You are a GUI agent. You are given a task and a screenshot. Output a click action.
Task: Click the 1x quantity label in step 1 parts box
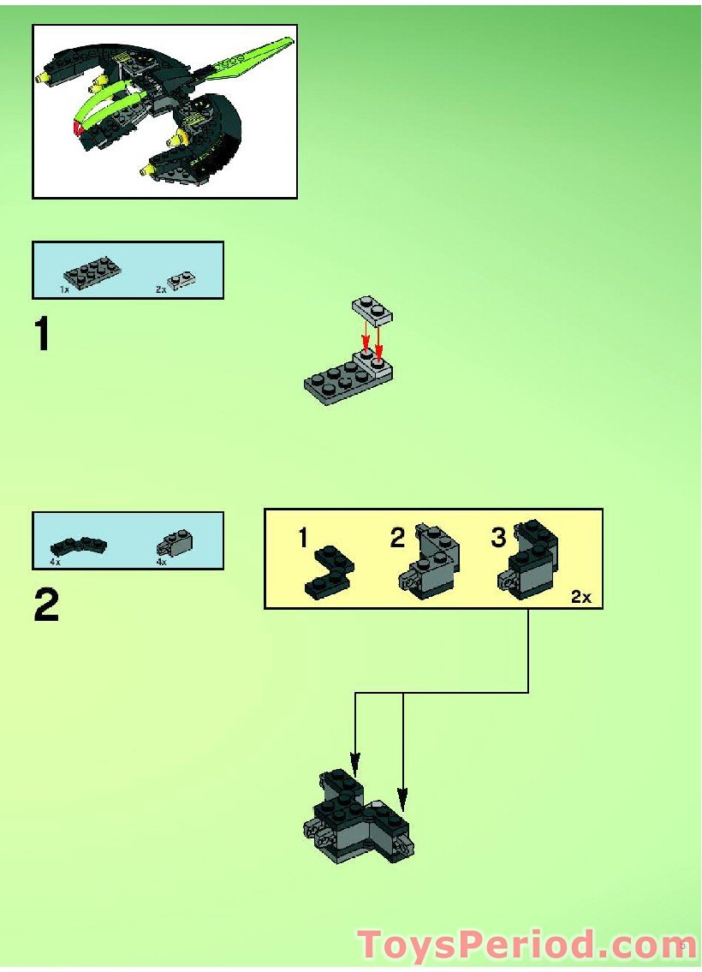64,289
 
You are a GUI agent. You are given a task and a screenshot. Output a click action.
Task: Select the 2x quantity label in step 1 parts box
160,289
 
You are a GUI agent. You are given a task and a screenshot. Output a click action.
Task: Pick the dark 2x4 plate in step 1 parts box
90,271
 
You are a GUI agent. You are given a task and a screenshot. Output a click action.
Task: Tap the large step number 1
42,335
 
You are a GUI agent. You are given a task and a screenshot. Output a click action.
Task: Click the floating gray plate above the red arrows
372,310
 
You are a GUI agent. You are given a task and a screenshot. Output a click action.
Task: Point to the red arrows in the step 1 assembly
372,339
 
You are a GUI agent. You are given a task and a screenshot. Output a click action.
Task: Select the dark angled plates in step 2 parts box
78,546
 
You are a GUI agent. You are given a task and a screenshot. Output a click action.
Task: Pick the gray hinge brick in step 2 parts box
177,543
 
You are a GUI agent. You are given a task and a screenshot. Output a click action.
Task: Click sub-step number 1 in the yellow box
303,538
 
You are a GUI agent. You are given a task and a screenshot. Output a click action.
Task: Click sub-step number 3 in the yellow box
498,538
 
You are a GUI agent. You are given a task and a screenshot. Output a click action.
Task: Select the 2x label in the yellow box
581,597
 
